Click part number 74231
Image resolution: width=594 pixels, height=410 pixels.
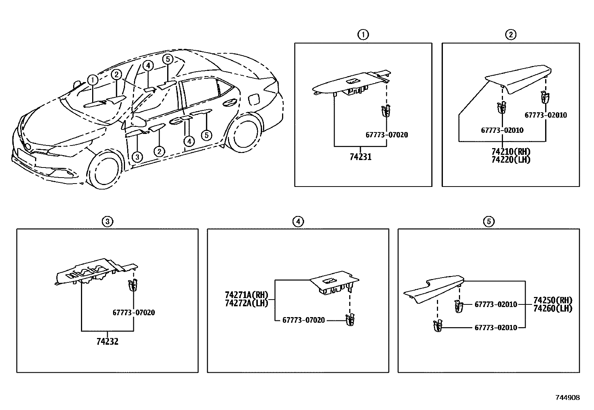point(360,157)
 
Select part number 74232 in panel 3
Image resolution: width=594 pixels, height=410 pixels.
point(107,341)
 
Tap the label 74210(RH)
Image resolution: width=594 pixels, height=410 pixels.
point(510,151)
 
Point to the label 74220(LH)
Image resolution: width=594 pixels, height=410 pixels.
point(510,159)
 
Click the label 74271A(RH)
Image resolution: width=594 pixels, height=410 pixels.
point(247,296)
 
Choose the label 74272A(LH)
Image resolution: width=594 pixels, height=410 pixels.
point(247,303)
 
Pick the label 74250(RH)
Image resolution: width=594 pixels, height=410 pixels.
point(553,301)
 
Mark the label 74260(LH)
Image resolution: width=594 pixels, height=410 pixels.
point(553,309)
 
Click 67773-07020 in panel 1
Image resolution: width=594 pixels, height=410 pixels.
point(387,135)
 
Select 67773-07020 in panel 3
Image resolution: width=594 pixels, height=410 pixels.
point(134,313)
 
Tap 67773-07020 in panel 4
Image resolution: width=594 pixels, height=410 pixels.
point(303,320)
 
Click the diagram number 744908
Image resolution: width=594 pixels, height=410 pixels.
point(568,398)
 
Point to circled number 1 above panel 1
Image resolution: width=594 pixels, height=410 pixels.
point(363,35)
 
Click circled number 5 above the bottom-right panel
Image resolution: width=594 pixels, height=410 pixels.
point(488,222)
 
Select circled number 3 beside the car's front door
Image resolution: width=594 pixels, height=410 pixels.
point(137,157)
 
